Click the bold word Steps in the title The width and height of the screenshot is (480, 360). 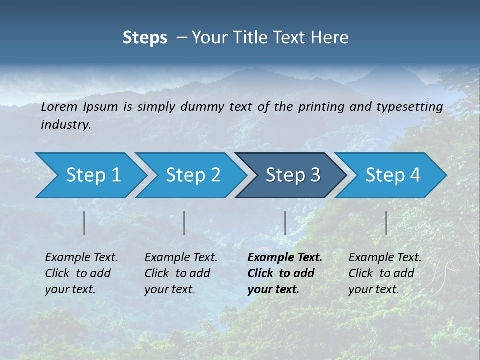click(145, 38)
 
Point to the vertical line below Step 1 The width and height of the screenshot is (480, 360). click(84, 223)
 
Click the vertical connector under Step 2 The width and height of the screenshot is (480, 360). click(184, 223)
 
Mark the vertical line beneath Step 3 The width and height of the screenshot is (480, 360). click(285, 223)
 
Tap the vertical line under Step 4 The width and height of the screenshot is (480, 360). click(386, 223)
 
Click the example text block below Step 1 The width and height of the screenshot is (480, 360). click(81, 273)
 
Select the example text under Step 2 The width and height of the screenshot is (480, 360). click(181, 273)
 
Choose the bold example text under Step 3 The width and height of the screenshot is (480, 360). click(285, 273)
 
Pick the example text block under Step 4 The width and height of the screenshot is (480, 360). click(385, 273)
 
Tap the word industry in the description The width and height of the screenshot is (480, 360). click(66, 125)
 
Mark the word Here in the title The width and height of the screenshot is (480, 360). click(332, 38)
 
